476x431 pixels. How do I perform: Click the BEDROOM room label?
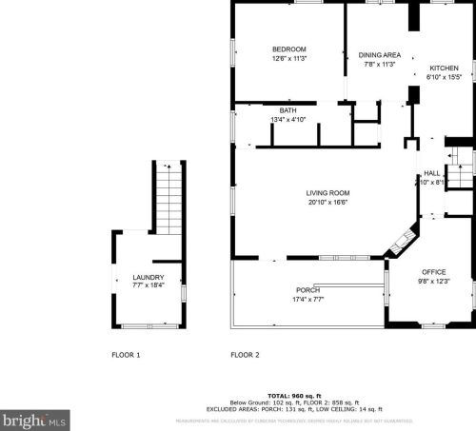pyautogui.click(x=288, y=49)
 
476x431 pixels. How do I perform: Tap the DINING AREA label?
pyautogui.click(x=378, y=55)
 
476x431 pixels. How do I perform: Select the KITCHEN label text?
pyautogui.click(x=444, y=69)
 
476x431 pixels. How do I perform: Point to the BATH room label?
pyautogui.click(x=288, y=110)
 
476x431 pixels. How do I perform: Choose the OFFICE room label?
pyautogui.click(x=433, y=271)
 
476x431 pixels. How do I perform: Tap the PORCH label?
pyautogui.click(x=307, y=290)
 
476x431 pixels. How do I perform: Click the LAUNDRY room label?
pyautogui.click(x=148, y=278)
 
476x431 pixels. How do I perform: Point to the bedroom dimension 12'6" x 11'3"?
pyautogui.click(x=288, y=59)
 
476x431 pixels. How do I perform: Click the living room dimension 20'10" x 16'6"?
pyautogui.click(x=301, y=202)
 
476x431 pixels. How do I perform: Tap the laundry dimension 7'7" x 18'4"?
pyautogui.click(x=148, y=286)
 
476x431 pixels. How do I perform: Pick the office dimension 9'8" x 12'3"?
pyautogui.click(x=433, y=281)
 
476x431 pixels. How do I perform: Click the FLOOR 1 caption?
pyautogui.click(x=126, y=355)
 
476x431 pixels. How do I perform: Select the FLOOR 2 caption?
pyautogui.click(x=245, y=355)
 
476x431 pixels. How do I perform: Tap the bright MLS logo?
pyautogui.click(x=34, y=419)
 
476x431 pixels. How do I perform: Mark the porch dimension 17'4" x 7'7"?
pyautogui.click(x=307, y=300)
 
